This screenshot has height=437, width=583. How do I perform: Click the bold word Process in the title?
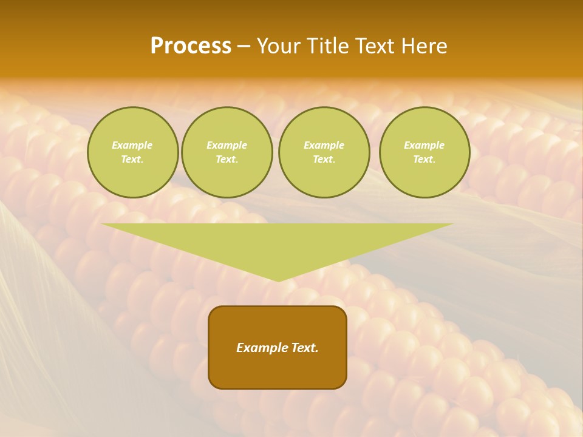(x=191, y=46)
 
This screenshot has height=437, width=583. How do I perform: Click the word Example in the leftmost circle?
(x=132, y=145)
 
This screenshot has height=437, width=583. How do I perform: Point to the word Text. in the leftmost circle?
(x=132, y=159)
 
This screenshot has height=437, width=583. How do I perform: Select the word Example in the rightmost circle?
(x=424, y=145)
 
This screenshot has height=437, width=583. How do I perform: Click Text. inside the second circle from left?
(x=227, y=159)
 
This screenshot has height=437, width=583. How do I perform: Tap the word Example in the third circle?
(x=324, y=145)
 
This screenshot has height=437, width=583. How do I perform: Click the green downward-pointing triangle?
(x=278, y=243)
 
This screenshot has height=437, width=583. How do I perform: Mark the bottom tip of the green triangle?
(x=278, y=280)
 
